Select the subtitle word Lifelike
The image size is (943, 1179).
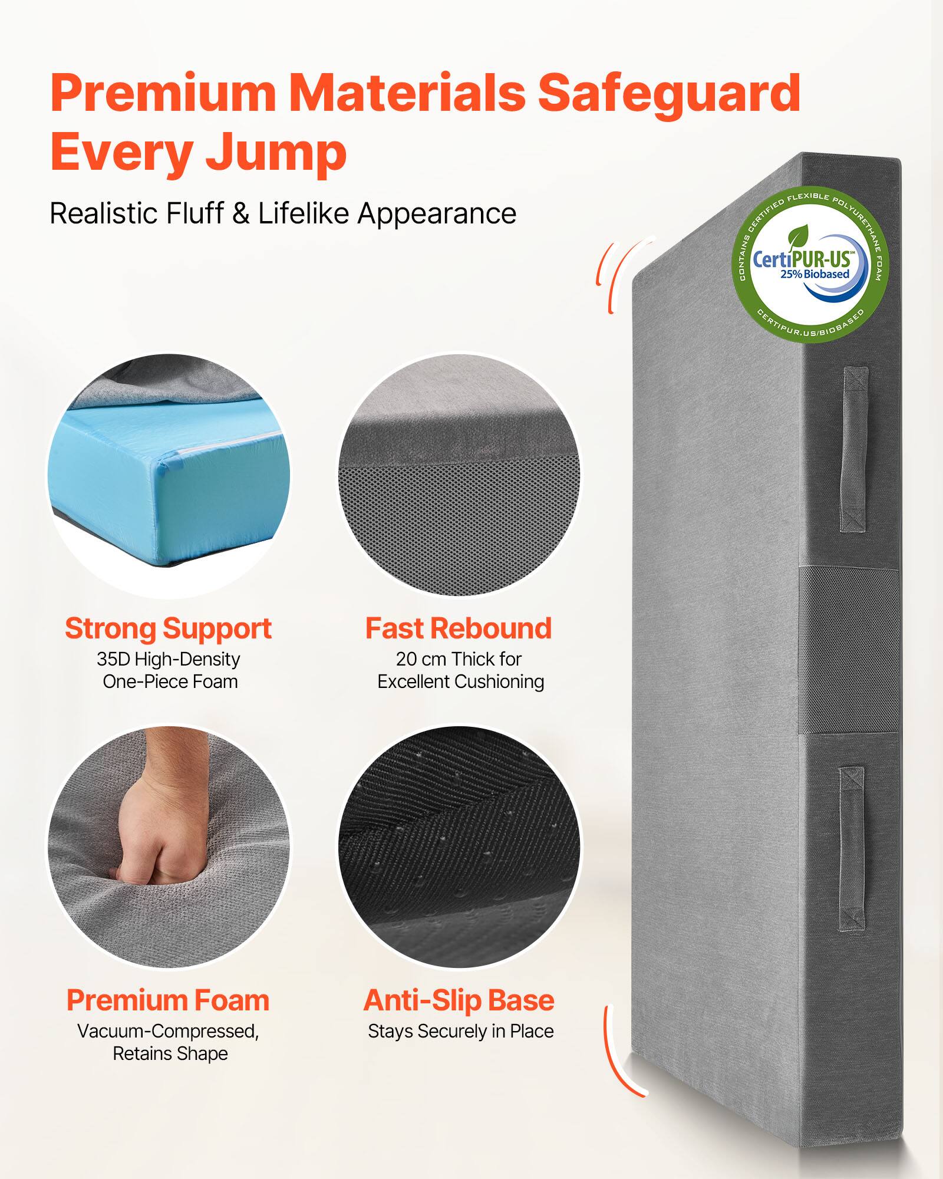(x=306, y=213)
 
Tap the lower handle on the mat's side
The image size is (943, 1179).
(x=851, y=849)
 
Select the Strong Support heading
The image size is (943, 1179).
(x=168, y=628)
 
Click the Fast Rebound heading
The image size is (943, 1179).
(x=459, y=628)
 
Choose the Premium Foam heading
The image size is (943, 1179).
(x=168, y=1000)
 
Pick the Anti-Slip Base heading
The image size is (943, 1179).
(x=459, y=1000)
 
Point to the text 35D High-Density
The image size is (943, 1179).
(x=169, y=659)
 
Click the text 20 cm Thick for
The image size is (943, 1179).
(x=459, y=659)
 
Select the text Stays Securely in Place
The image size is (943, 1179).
(x=460, y=1031)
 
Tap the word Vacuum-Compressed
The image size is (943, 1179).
(x=168, y=1031)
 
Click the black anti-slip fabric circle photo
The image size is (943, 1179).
(x=459, y=846)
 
